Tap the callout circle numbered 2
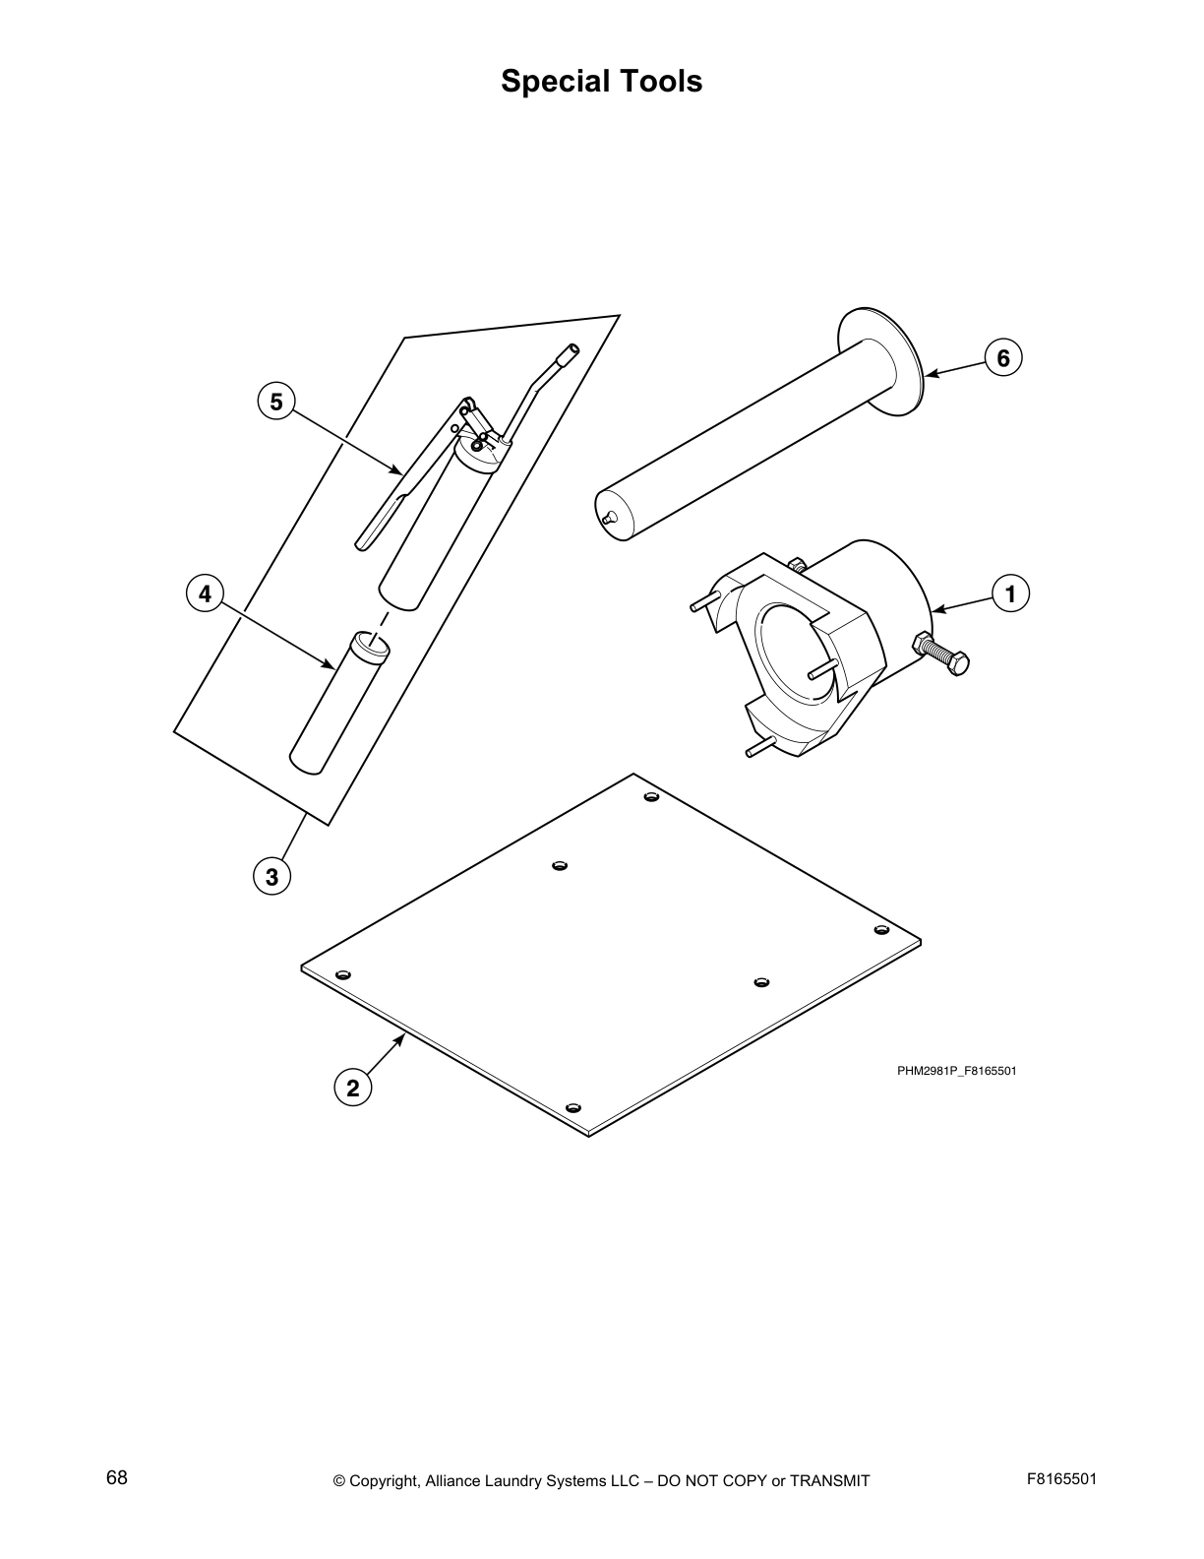pos(353,1088)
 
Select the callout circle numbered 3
pos(271,875)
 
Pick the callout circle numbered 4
pos(205,593)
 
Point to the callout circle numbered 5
pos(275,402)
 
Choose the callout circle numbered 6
pos(1003,357)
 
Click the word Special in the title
pos(552,81)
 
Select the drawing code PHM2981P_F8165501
pos(955,1071)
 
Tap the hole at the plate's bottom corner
pos(574,1108)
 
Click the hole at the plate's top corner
pos(650,795)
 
